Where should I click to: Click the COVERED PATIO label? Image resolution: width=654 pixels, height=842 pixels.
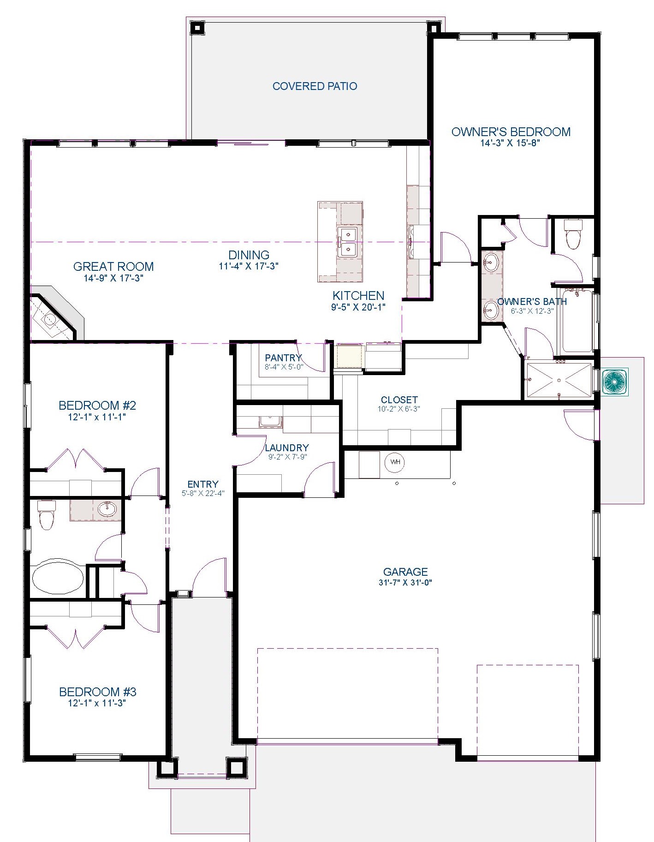point(315,86)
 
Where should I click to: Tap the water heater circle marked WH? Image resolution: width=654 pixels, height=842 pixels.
point(395,462)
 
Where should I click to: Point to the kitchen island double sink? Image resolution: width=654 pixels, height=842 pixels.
point(346,242)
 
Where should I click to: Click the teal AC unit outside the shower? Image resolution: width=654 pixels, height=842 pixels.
point(614,381)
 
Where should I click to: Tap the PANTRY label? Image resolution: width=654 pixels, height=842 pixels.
point(283,358)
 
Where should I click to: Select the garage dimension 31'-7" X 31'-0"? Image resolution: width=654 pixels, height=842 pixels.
point(405,582)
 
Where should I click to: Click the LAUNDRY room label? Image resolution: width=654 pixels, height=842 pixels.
point(287,448)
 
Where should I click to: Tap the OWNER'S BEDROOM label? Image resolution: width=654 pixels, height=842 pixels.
point(511,132)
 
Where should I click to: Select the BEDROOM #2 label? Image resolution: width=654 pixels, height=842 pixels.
point(97,406)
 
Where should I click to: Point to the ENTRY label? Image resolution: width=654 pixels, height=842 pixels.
point(203,484)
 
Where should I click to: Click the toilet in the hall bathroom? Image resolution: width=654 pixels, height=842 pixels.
point(47,514)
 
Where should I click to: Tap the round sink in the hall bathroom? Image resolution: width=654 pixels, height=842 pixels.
point(107,509)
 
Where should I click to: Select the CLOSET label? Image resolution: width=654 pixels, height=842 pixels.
point(399,400)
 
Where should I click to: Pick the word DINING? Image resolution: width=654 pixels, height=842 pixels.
point(249,255)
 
